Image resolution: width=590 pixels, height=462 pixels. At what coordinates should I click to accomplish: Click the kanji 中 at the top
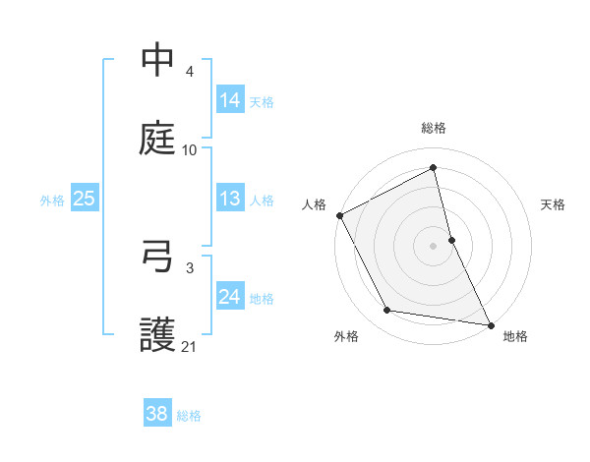tap(157, 61)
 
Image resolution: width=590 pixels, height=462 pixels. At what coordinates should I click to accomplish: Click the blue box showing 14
tap(230, 100)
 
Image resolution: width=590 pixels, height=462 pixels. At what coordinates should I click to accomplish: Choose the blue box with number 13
tap(230, 199)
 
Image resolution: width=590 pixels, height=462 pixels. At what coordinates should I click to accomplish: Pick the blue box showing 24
tap(230, 297)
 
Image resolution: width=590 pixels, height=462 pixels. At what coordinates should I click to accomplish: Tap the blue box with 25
tap(85, 199)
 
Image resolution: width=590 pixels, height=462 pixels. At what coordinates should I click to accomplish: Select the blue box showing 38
tap(156, 414)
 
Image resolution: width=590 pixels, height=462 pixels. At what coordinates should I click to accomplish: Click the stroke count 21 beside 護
tap(190, 347)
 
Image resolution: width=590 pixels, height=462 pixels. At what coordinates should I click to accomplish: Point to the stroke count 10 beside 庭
tap(190, 150)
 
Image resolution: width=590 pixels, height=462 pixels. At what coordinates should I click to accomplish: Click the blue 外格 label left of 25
tap(52, 200)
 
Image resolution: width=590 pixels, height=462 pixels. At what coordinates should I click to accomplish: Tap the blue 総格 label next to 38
tap(189, 415)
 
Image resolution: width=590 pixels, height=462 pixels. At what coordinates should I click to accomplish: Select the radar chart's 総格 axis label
tap(434, 128)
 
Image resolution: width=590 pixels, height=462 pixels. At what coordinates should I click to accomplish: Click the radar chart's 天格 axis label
tap(553, 204)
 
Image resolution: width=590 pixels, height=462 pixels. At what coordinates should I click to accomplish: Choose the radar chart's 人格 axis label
tap(315, 204)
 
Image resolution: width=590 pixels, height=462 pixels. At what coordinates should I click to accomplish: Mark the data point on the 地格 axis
tap(490, 323)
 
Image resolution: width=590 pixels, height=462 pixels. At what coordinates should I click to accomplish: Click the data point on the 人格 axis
tap(339, 215)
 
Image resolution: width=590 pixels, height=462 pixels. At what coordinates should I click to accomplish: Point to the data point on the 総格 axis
tap(434, 168)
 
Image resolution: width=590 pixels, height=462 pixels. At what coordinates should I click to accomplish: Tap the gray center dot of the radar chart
tap(434, 246)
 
